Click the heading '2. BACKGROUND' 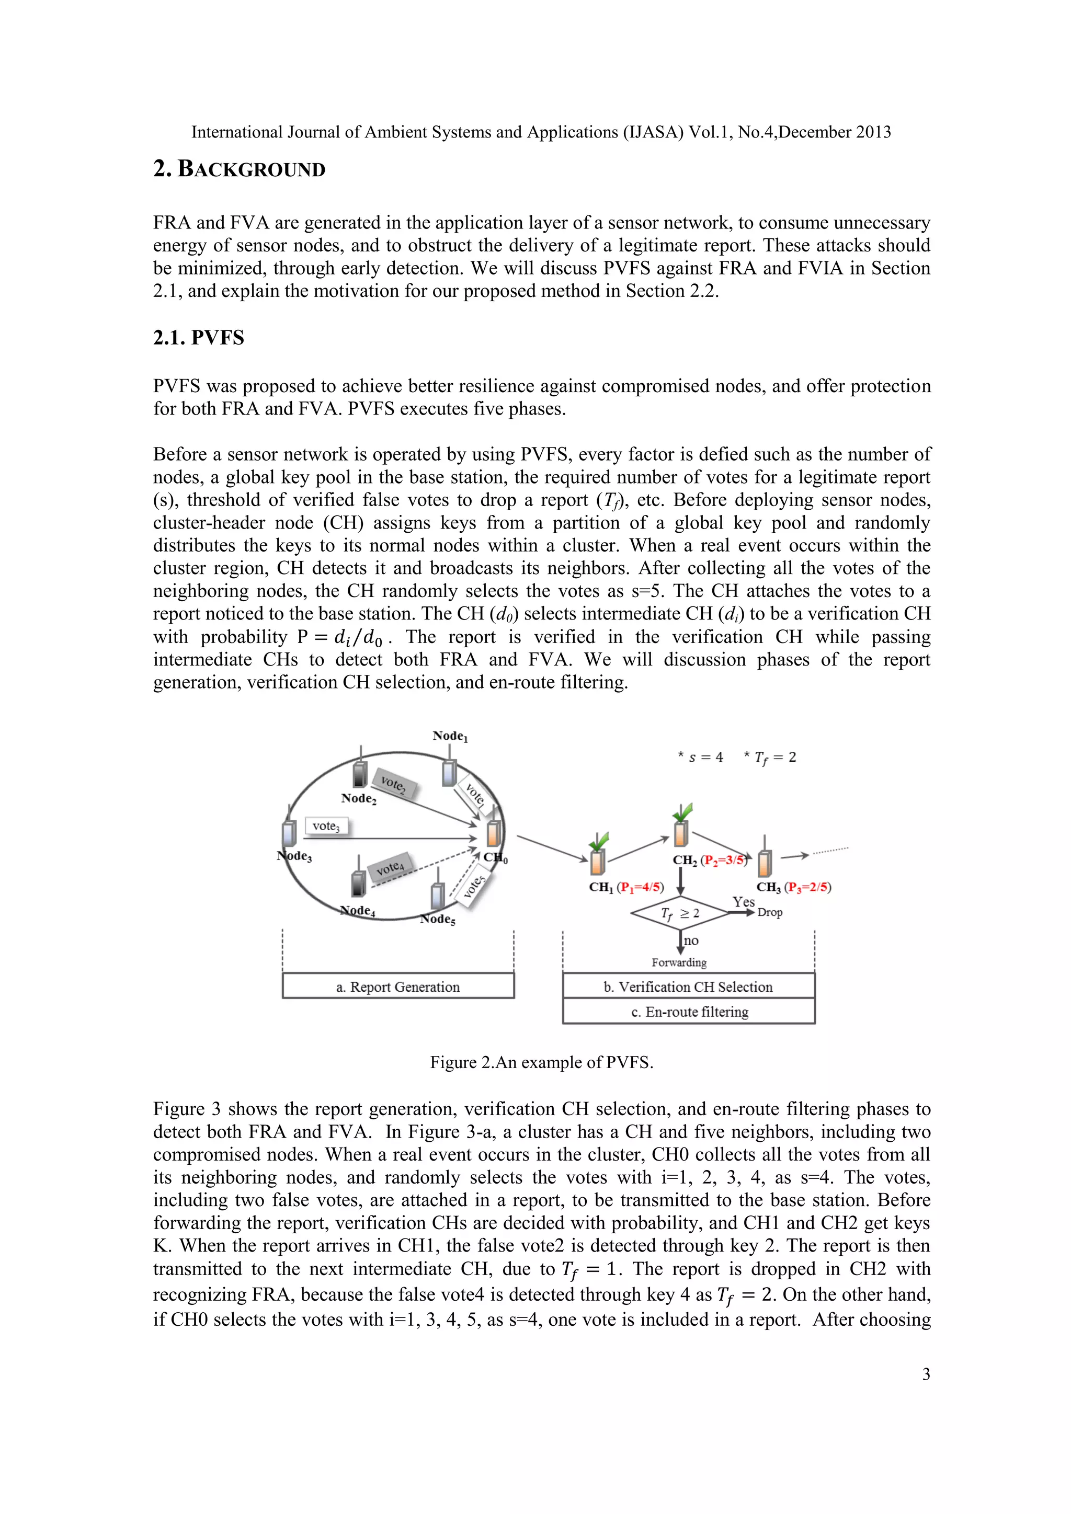pos(239,169)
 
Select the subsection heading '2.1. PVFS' pos(199,338)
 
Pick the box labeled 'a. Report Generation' pos(397,987)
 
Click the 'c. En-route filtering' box pos(689,1012)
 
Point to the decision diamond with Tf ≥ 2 pos(680,913)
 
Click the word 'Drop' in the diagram pos(770,913)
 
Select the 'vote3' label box pos(326,826)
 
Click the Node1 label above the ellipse pos(450,736)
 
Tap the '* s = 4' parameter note pos(700,758)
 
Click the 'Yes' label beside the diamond pos(743,901)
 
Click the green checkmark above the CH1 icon pos(600,841)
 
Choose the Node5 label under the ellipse pos(437,919)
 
